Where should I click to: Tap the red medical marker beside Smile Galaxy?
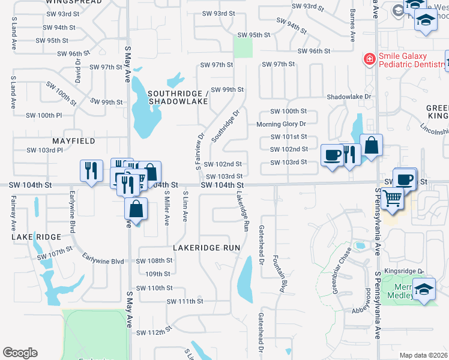point(368,59)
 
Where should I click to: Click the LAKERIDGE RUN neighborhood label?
point(206,247)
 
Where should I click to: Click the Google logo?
point(20,353)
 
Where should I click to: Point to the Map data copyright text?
point(423,355)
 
